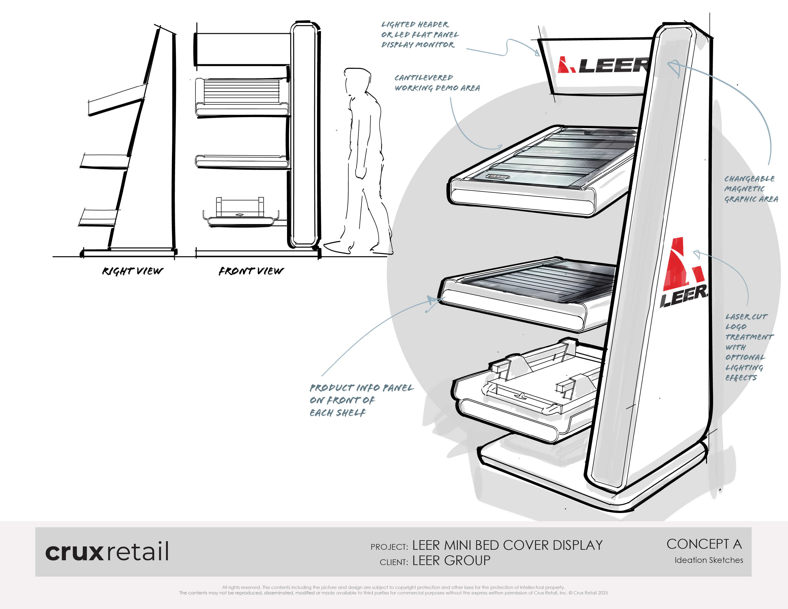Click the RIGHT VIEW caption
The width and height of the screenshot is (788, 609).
pos(133,271)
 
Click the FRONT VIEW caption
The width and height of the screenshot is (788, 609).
pos(251,271)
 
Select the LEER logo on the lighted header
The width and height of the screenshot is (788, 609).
pos(603,65)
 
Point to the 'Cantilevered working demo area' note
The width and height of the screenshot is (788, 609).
pos(437,83)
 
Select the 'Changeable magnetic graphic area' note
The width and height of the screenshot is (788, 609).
pos(751,189)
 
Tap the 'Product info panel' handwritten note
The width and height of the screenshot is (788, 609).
pos(362,400)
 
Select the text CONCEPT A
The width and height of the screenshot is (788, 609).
pos(704,544)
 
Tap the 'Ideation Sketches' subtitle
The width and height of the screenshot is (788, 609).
pos(709,560)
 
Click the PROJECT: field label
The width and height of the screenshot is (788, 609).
pos(389,547)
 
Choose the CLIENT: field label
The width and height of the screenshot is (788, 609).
pos(394,562)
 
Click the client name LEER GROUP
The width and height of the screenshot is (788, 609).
pos(451,561)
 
